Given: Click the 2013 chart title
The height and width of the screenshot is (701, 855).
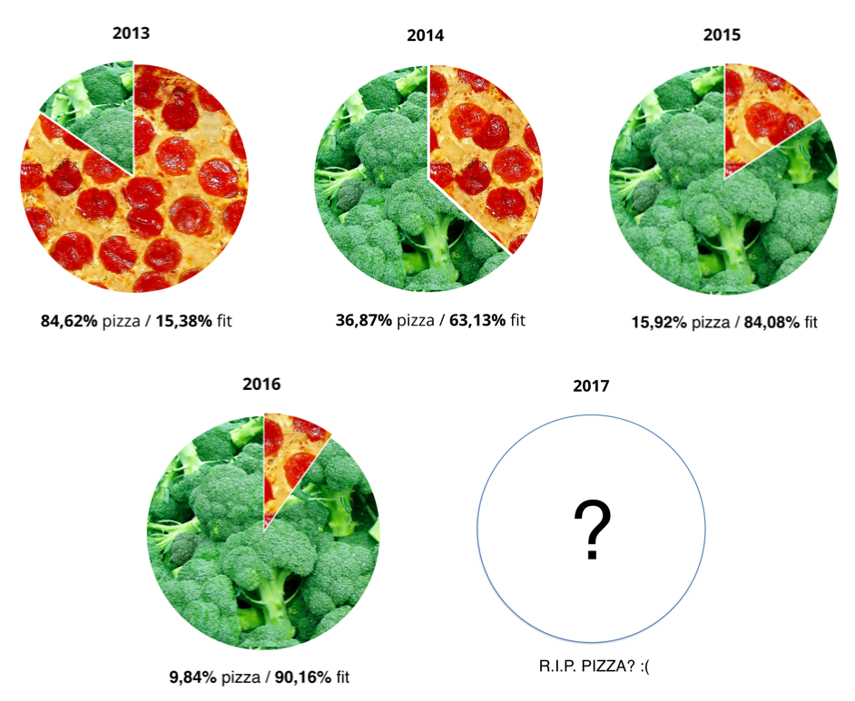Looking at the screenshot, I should pyautogui.click(x=131, y=34).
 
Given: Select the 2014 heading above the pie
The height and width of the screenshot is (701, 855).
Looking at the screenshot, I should pyautogui.click(x=426, y=36).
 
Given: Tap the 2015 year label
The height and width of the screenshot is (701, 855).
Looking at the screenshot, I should pyautogui.click(x=722, y=35).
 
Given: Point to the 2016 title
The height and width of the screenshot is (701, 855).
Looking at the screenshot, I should pyautogui.click(x=261, y=384).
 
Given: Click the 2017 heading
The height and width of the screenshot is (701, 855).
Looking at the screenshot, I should pyautogui.click(x=591, y=385).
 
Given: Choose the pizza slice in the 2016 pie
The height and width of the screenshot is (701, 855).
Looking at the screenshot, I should pyautogui.click(x=289, y=453).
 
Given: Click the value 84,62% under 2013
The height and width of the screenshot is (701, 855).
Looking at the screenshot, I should pyautogui.click(x=68, y=320).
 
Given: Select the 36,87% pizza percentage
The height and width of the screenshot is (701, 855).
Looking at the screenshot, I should pyautogui.click(x=364, y=319).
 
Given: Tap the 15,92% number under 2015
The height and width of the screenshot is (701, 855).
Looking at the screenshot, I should pyautogui.click(x=661, y=321).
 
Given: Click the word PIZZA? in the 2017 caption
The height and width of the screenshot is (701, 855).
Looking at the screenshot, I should pyautogui.click(x=606, y=668).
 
